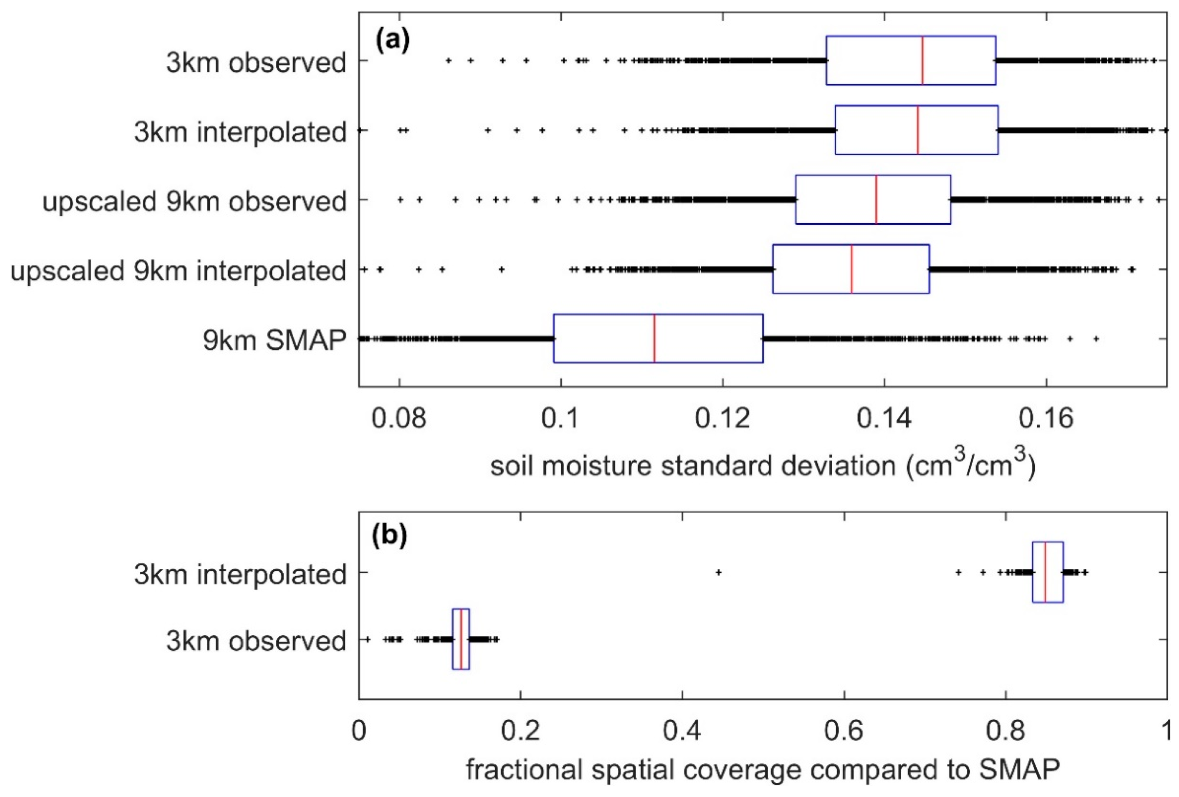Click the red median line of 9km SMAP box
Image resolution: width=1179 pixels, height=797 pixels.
pos(654,338)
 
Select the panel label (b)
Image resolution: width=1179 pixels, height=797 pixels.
pos(390,536)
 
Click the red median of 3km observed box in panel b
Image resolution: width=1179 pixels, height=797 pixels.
pos(461,639)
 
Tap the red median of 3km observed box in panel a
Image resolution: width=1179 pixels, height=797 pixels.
pos(922,61)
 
